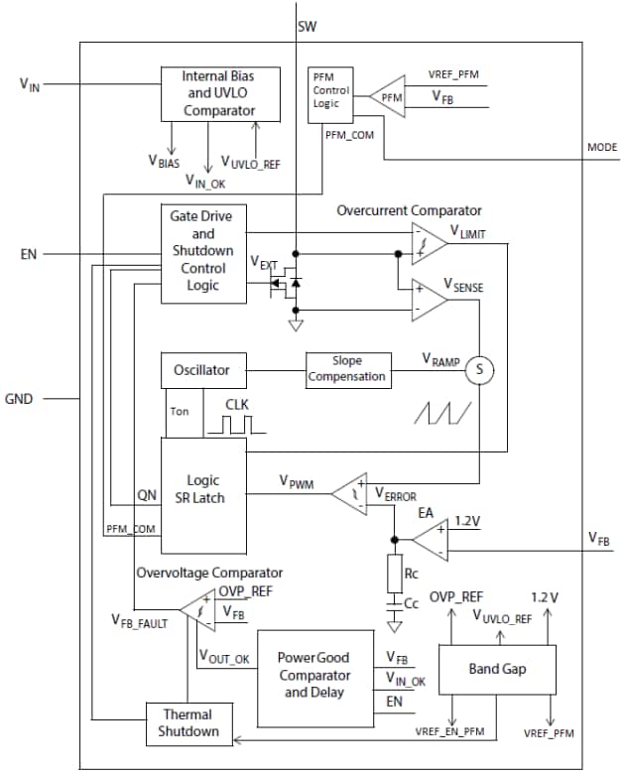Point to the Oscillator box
point(202,370)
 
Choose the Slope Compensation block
point(347,370)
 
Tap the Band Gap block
point(497,669)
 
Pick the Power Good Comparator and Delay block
point(313,678)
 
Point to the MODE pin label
point(601,148)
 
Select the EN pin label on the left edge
point(29,255)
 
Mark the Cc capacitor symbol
point(395,603)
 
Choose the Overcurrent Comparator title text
point(409,211)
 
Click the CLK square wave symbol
point(236,425)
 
